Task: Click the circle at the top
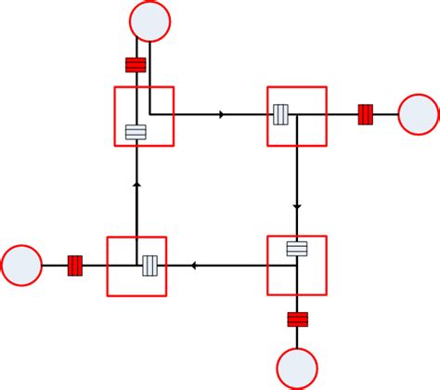[150, 20]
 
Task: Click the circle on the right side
[418, 115]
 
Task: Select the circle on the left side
[21, 266]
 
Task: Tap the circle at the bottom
[297, 368]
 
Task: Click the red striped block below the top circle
[136, 65]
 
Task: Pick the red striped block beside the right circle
[365, 115]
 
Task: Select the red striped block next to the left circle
[75, 266]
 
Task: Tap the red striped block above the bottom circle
[297, 319]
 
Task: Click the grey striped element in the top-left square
[136, 132]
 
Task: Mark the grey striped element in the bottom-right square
[297, 249]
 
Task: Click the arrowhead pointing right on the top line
[221, 115]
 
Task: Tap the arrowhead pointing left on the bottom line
[193, 266]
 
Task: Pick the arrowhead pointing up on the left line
[136, 185]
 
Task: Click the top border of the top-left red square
[144, 87]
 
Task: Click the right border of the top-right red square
[327, 116]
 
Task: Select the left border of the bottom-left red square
[108, 266]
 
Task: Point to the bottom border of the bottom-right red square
[297, 296]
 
